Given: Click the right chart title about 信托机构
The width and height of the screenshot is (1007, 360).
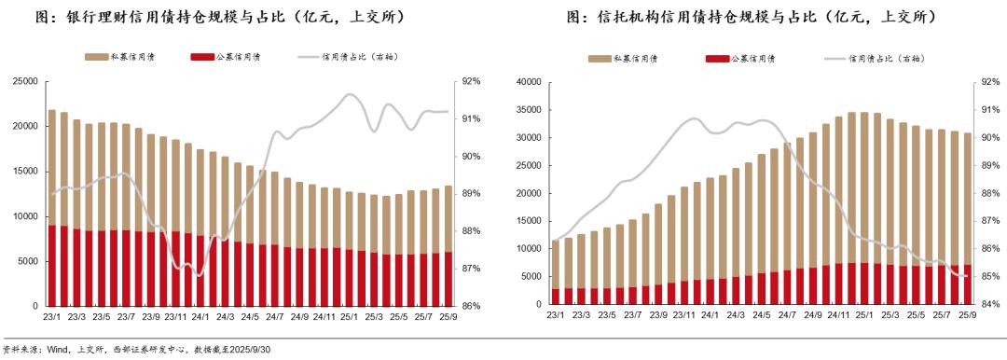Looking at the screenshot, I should [750, 18].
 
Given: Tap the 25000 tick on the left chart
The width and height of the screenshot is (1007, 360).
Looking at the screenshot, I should [24, 81].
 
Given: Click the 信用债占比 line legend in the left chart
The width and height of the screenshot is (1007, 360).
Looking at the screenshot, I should [351, 57].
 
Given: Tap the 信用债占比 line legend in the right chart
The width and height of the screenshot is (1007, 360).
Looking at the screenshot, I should [876, 59].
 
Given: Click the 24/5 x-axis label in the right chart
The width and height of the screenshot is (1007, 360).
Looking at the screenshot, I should [761, 317].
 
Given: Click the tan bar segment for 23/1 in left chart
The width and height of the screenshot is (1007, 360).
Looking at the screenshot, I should [52, 168].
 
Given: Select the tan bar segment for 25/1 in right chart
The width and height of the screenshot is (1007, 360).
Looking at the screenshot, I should [864, 187].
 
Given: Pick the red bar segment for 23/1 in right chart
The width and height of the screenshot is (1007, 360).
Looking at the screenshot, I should [556, 297].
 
